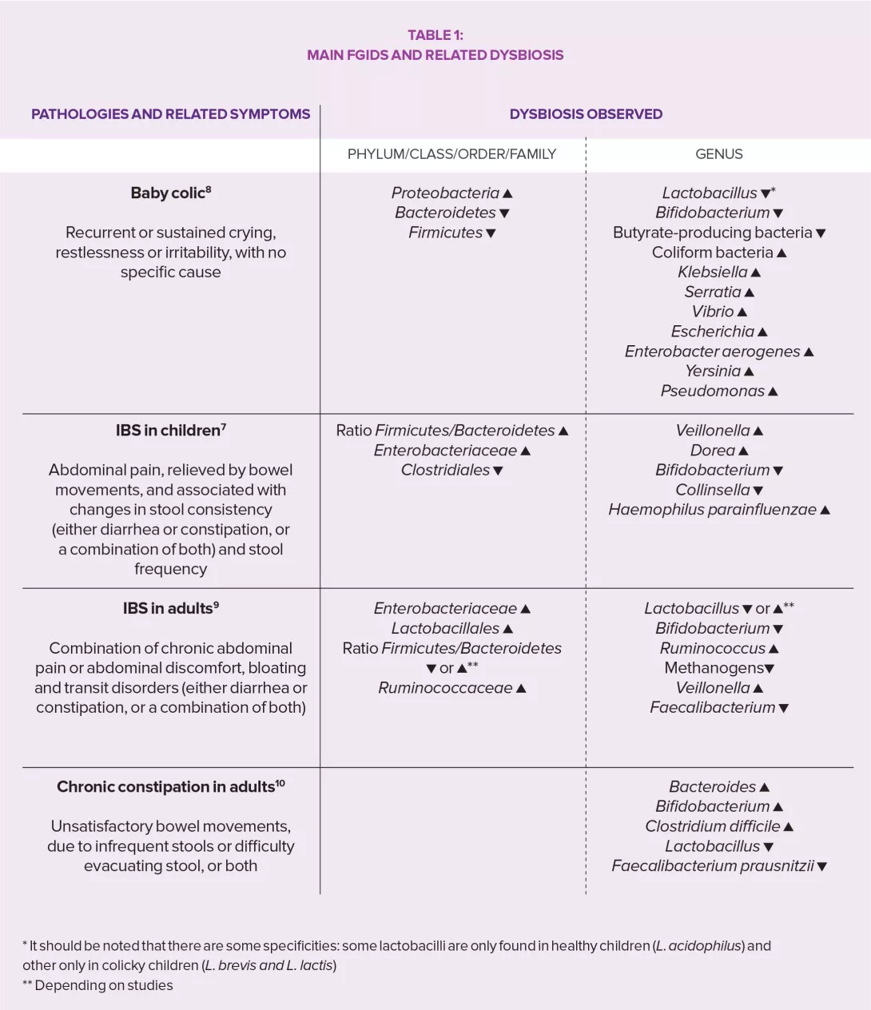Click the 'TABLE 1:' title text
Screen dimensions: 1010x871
[x=435, y=35]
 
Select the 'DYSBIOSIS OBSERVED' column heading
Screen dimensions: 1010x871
[x=586, y=114]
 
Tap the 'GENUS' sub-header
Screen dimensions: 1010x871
[x=718, y=154]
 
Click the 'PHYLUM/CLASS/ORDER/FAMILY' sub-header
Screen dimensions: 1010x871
[x=451, y=154]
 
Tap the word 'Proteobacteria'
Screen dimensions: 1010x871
[x=445, y=193]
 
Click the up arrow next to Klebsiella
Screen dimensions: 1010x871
[x=756, y=272]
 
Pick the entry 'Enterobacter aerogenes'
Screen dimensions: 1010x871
[x=712, y=352]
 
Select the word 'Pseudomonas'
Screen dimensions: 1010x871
[x=712, y=392]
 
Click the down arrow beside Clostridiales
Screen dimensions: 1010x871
[x=499, y=471]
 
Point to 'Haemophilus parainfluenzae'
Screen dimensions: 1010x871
[x=712, y=510]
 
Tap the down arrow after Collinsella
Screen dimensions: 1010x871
[x=758, y=491]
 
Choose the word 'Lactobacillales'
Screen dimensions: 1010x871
[x=445, y=629]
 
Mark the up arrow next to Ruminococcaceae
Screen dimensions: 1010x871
[x=521, y=689]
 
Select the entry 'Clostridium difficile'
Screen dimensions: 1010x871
[x=712, y=826]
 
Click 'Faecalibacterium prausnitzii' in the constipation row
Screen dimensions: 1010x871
[x=712, y=866]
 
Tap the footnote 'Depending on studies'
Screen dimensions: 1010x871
[x=104, y=985]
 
